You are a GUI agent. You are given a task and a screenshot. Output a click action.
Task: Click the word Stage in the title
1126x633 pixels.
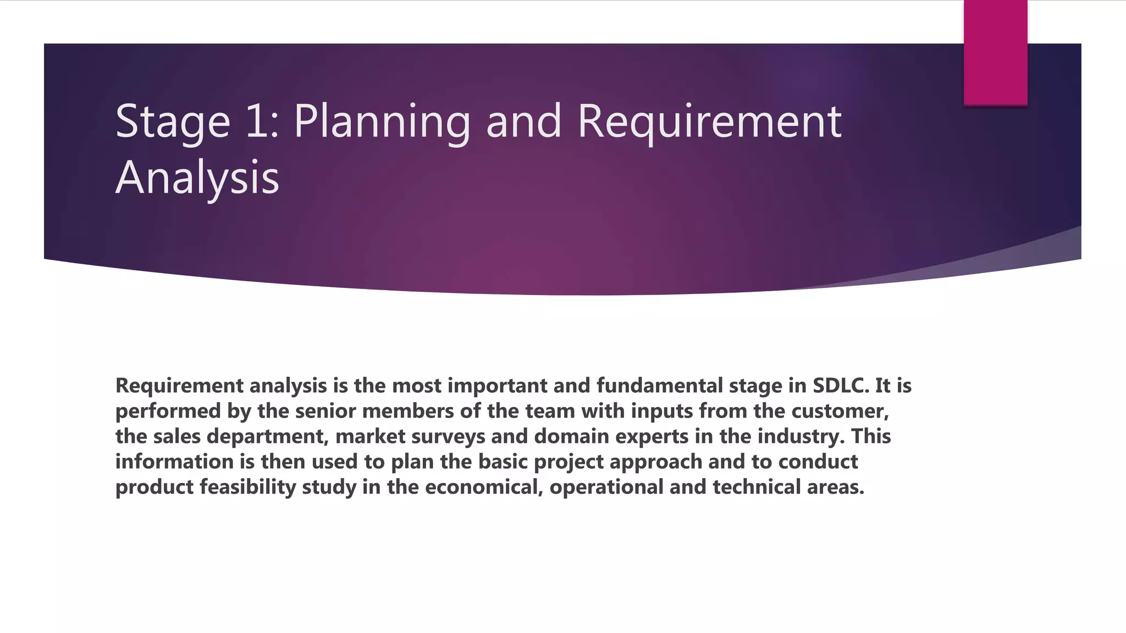(173, 122)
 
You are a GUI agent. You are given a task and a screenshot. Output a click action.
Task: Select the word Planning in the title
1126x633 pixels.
(382, 122)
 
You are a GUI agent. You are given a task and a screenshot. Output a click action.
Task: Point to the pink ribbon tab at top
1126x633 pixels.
(995, 53)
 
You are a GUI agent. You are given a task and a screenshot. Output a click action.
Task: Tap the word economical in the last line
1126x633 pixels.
(484, 487)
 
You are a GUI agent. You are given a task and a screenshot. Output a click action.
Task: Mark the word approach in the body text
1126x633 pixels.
(655, 462)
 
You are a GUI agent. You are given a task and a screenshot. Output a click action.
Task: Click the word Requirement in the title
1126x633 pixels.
(709, 122)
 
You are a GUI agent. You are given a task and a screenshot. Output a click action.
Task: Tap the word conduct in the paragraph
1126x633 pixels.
(818, 462)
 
